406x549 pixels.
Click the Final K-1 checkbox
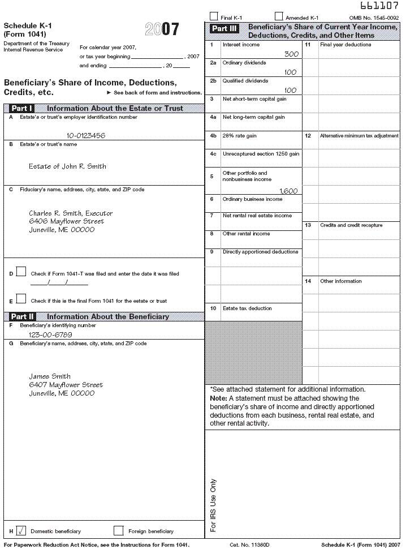point(213,16)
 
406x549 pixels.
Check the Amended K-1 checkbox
point(279,16)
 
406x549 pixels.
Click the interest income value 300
point(291,54)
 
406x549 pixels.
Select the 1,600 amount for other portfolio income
point(288,191)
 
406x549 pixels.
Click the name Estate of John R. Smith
point(67,166)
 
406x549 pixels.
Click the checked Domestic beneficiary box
point(21,531)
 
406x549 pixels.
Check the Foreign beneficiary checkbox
point(118,531)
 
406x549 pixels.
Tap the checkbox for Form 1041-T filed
point(21,272)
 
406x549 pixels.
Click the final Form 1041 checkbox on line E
point(21,299)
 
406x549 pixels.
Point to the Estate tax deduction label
point(247,308)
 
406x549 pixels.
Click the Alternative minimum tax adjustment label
point(359,136)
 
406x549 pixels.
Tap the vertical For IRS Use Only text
point(213,505)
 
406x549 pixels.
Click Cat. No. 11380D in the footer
point(249,544)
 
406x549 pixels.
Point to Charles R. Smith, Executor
point(71,213)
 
